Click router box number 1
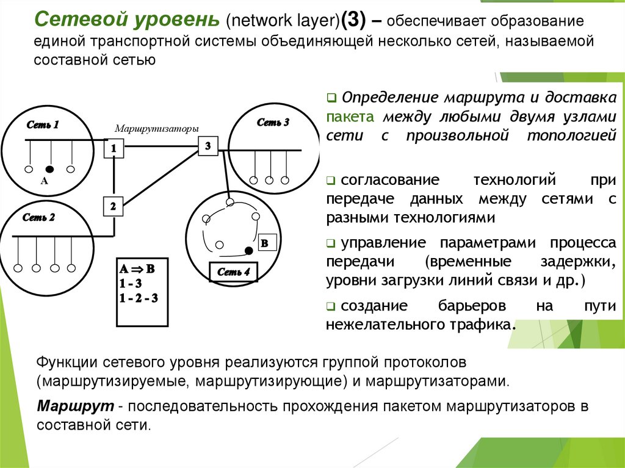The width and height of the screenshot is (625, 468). (x=114, y=148)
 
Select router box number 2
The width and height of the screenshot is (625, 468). (x=113, y=206)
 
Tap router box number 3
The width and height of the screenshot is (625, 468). (x=208, y=146)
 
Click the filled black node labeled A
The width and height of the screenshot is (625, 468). (x=49, y=168)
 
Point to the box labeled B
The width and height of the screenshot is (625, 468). (x=265, y=243)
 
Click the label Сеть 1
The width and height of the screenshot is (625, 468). (x=43, y=125)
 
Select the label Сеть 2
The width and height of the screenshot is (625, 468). (x=39, y=217)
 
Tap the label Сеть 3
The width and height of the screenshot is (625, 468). (x=273, y=122)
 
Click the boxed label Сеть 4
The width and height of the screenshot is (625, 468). (x=234, y=272)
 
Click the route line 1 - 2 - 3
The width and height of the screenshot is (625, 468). (x=139, y=298)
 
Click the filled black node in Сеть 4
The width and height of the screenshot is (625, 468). (x=248, y=250)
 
